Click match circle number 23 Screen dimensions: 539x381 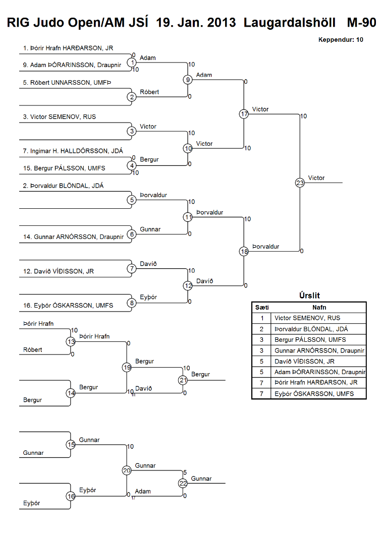[x=300, y=183]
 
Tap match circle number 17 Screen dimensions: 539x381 [x=244, y=114]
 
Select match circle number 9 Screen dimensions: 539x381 [x=188, y=80]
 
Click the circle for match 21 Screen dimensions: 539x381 [x=183, y=380]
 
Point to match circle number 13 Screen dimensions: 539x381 [x=71, y=342]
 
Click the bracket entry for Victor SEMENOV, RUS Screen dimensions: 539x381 [x=63, y=117]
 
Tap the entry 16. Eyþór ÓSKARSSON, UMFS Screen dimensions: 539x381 [x=68, y=306]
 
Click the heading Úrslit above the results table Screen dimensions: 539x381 [x=309, y=296]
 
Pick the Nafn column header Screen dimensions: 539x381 [x=318, y=307]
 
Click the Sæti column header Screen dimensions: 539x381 [x=262, y=307]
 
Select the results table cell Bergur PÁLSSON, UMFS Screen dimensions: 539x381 [x=310, y=340]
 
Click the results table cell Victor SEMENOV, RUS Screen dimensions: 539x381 [x=307, y=318]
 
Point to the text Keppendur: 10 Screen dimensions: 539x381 [x=341, y=39]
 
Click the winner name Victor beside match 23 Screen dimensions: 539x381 [x=316, y=178]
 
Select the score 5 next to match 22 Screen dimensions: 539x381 [x=185, y=472]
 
